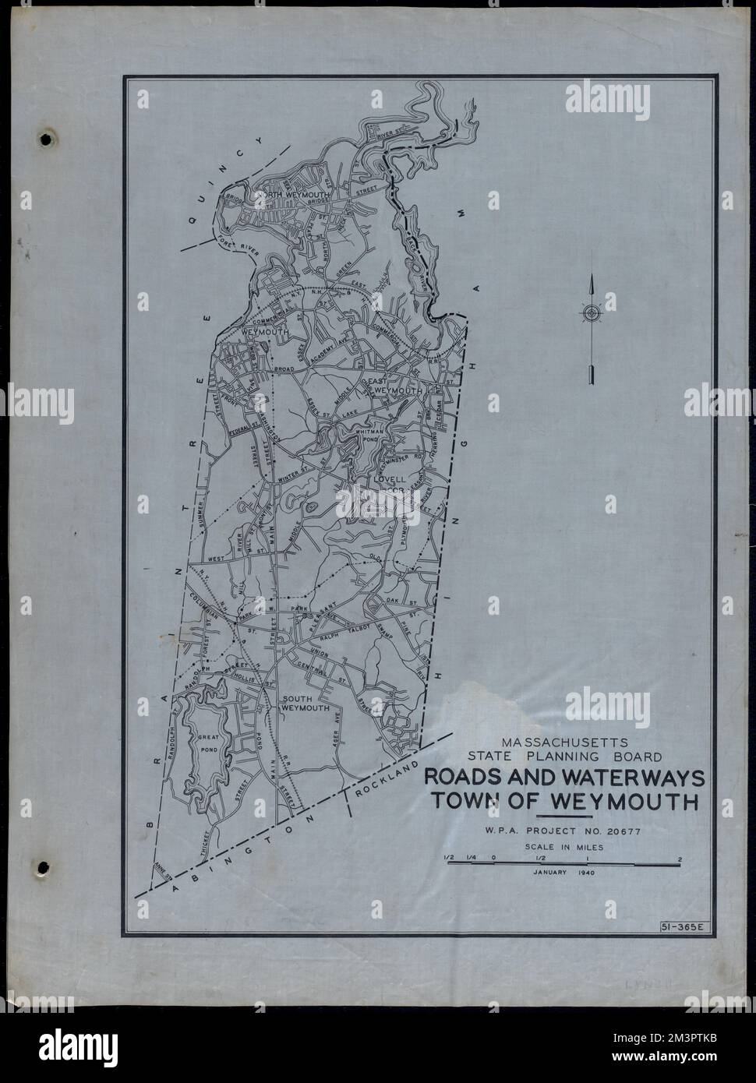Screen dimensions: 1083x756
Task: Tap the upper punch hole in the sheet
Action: point(48,139)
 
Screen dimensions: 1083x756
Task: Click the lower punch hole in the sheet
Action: point(44,866)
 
